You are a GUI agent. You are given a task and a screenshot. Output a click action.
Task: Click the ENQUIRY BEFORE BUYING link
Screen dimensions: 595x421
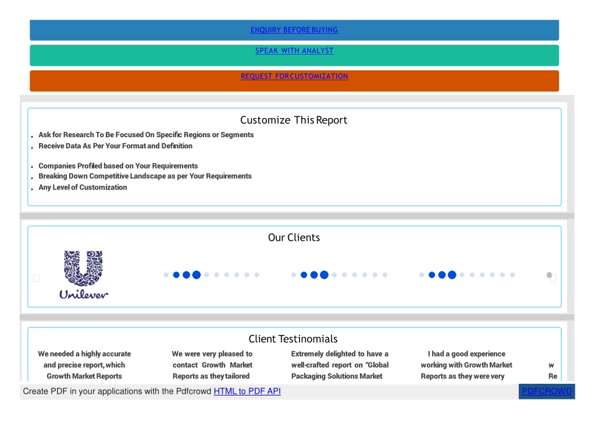[x=294, y=30]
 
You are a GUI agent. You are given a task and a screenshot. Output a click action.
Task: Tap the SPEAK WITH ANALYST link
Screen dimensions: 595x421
[x=294, y=51]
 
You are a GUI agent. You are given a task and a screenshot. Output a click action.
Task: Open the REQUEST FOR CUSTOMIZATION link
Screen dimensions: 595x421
[x=294, y=76]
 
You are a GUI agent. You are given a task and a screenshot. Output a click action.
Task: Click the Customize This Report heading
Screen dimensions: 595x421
[x=294, y=120]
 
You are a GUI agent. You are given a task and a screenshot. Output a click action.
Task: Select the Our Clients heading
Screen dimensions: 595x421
[x=294, y=237]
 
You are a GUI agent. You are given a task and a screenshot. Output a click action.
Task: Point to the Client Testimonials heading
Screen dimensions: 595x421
[x=293, y=338]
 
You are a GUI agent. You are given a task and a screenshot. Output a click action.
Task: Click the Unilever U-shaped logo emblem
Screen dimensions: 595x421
[x=83, y=268]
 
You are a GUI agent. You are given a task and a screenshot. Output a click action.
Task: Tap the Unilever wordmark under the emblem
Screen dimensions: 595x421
[x=84, y=294]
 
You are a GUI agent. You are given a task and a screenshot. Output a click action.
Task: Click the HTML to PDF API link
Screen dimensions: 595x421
[x=247, y=391]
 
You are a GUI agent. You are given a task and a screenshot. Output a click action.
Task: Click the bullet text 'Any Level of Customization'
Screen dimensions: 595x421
[x=83, y=187]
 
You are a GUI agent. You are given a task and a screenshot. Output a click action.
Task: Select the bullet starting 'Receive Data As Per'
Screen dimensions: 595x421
[x=115, y=146]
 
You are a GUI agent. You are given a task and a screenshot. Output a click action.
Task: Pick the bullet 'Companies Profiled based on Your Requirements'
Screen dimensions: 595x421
[x=118, y=166]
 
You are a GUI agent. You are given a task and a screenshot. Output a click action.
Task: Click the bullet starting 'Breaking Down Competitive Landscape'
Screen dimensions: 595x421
[x=145, y=176]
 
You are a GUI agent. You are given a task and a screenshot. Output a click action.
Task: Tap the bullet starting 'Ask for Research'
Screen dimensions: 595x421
[x=146, y=135]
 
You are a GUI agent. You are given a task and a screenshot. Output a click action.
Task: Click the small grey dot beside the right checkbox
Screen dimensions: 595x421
[x=549, y=275]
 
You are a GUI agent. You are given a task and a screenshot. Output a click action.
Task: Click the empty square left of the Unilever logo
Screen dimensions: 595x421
[x=37, y=279]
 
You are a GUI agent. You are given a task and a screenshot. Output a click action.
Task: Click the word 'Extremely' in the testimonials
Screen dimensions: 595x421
[x=307, y=354]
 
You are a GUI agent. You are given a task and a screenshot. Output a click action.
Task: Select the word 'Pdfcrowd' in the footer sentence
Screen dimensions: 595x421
[x=194, y=391]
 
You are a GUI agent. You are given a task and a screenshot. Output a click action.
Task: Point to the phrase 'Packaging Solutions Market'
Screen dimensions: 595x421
[x=337, y=376]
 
